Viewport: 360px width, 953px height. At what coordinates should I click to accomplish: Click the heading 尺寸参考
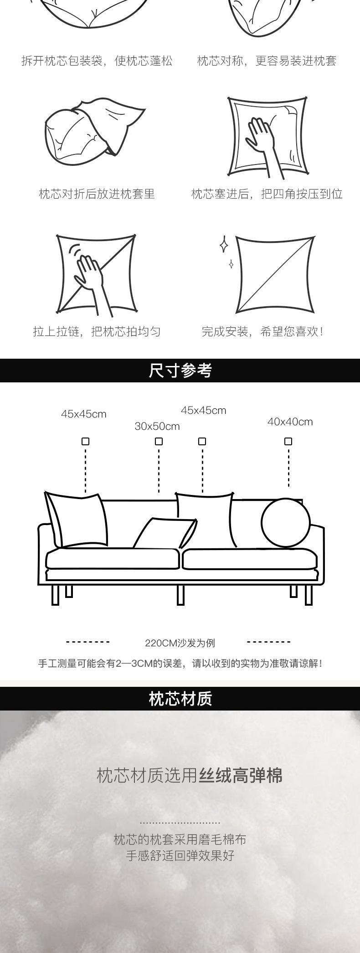pos(180,371)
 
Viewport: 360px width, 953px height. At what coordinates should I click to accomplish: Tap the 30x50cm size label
pos(157,427)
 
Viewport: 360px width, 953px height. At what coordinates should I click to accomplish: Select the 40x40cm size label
pos(290,422)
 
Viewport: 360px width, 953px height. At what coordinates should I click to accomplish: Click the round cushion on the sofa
pos(286,523)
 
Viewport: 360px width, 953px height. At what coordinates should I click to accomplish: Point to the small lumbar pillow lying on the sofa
pos(165,533)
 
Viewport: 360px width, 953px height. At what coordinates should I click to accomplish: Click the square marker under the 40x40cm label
pos(288,441)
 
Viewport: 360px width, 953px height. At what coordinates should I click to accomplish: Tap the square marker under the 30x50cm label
pos(159,441)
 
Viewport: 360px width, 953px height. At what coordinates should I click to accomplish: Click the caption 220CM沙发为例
pos(180,643)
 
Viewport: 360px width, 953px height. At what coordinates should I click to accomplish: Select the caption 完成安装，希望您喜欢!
pos(262,332)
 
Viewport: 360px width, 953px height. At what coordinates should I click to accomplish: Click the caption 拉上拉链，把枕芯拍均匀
pos(97,332)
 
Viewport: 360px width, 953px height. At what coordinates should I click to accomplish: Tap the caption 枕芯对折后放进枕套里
pos(97,194)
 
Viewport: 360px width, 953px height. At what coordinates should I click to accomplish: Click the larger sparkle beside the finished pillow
pos(224,245)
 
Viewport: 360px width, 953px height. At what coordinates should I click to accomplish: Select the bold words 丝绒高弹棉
pos(241,775)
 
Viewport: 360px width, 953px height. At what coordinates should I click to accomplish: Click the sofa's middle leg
pos(180,594)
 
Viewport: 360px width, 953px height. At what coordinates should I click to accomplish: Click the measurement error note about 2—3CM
pos(180,664)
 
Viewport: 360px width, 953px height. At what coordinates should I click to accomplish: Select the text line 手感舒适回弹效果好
pos(180,855)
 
